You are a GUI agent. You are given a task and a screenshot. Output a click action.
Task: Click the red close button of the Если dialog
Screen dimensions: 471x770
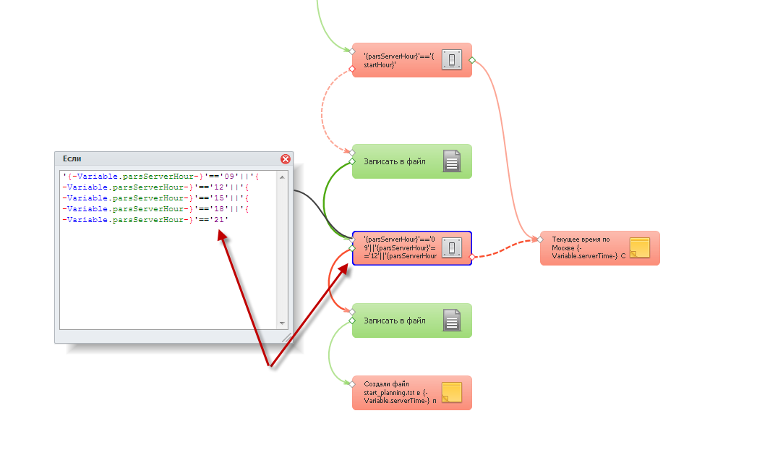286,159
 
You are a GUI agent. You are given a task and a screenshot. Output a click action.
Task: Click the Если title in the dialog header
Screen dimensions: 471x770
72,158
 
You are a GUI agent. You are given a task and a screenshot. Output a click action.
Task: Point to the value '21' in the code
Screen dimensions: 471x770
219,219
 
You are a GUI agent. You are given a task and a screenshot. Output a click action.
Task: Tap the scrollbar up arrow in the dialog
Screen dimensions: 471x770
283,176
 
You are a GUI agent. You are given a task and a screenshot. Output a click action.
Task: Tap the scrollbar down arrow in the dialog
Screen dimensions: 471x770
283,323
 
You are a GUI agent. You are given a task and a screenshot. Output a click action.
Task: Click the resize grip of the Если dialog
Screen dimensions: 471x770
286,337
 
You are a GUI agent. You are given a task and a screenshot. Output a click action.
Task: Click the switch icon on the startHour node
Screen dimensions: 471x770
452,60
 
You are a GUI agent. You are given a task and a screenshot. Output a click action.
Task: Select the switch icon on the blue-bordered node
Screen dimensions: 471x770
452,248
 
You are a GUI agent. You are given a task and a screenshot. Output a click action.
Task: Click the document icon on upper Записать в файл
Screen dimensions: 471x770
452,161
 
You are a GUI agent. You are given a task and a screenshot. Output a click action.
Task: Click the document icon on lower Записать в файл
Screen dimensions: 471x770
452,321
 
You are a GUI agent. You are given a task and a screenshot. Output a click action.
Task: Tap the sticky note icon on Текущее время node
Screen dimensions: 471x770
640,248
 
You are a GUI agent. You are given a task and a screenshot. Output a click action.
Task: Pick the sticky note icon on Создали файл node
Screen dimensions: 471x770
452,393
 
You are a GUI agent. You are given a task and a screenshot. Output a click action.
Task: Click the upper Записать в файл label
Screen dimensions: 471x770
395,161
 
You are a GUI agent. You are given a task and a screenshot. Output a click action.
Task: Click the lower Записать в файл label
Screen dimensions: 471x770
395,321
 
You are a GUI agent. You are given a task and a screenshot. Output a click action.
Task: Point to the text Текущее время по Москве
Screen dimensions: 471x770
581,242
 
